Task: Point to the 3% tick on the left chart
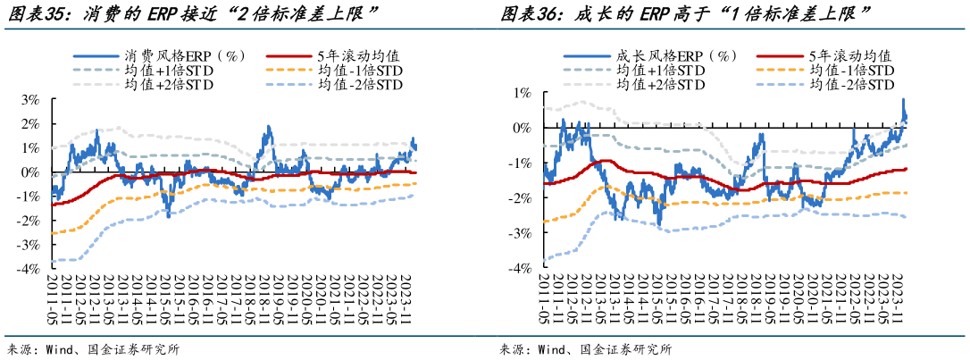pos(31,99)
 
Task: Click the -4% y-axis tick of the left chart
pos(29,269)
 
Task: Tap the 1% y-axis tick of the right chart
pos(523,93)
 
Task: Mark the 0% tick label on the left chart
pos(31,172)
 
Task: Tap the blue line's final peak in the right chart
pos(903,99)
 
